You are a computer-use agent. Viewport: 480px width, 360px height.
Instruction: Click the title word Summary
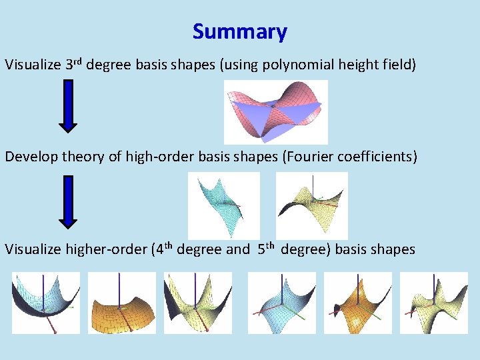click(240, 31)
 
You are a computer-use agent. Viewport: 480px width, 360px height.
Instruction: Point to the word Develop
click(31, 157)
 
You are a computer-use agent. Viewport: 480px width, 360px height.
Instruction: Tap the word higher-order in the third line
click(107, 249)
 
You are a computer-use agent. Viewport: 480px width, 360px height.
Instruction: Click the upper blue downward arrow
click(68, 105)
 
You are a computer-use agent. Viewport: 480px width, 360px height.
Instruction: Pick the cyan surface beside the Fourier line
click(223, 205)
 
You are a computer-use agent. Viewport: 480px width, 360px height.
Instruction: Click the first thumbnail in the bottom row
click(46, 303)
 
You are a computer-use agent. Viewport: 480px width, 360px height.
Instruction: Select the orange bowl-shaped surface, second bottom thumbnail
click(122, 303)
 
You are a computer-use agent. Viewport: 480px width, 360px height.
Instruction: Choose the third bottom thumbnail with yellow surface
click(198, 303)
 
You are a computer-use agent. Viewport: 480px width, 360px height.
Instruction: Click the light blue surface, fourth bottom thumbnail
click(282, 303)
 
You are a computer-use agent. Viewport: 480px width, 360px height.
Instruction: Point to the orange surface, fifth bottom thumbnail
click(358, 303)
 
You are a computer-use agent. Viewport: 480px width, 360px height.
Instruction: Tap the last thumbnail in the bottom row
click(434, 303)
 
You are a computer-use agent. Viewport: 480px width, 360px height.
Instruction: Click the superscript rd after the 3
click(77, 61)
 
